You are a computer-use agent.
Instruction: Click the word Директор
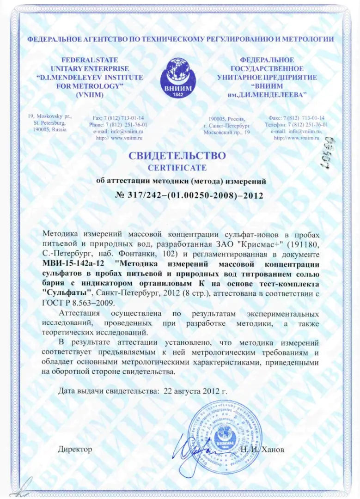[x=75, y=449]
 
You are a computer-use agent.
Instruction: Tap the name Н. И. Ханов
[x=262, y=450]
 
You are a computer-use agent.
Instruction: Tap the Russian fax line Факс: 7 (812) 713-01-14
[x=296, y=118]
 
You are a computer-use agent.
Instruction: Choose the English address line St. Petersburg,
[x=49, y=123]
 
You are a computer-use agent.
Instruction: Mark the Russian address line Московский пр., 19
[x=226, y=132]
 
